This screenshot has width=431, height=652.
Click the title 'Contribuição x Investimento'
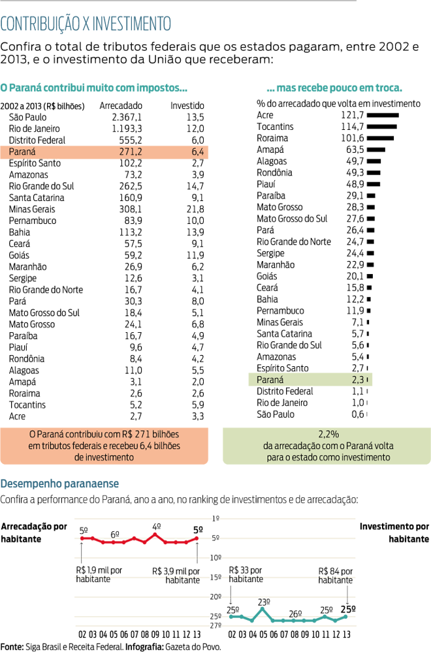click(x=86, y=24)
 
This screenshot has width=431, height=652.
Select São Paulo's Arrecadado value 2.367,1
click(x=127, y=117)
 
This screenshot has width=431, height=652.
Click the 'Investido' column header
click(x=187, y=106)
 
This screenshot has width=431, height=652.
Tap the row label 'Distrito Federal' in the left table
click(x=37, y=140)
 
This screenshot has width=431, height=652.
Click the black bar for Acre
click(x=383, y=115)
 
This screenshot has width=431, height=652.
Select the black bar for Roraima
click(x=381, y=138)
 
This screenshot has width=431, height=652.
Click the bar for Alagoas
click(x=374, y=161)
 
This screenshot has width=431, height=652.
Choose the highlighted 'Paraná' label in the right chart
click(x=270, y=380)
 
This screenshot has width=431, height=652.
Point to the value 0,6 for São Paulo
click(x=357, y=414)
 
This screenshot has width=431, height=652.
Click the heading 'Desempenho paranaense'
click(x=59, y=484)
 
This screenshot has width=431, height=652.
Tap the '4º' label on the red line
click(x=156, y=526)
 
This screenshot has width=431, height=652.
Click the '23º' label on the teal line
click(x=264, y=602)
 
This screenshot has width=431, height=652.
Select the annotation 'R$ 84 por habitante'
click(x=336, y=575)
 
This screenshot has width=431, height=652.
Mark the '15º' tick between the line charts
click(x=216, y=578)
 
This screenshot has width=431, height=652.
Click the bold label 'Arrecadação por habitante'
click(x=34, y=533)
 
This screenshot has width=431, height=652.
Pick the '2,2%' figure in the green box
click(x=327, y=434)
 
